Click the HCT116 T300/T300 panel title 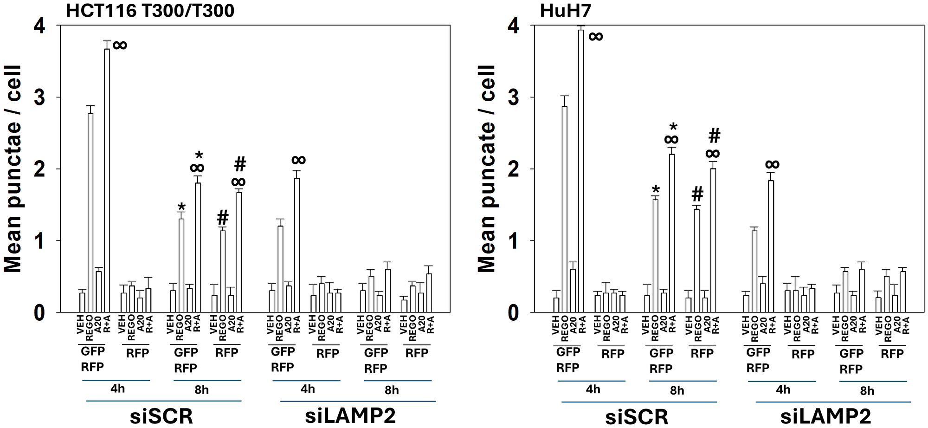click(x=150, y=10)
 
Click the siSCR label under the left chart click(x=161, y=416)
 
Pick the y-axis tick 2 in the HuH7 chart click(x=513, y=169)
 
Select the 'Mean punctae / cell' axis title click(x=13, y=169)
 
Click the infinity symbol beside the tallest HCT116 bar click(x=120, y=45)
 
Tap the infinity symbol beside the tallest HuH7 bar click(x=596, y=36)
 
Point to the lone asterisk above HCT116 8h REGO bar click(x=181, y=208)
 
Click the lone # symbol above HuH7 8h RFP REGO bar click(x=697, y=194)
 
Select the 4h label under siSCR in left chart click(x=118, y=389)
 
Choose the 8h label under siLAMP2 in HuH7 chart click(x=867, y=390)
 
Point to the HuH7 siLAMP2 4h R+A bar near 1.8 click(x=771, y=246)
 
